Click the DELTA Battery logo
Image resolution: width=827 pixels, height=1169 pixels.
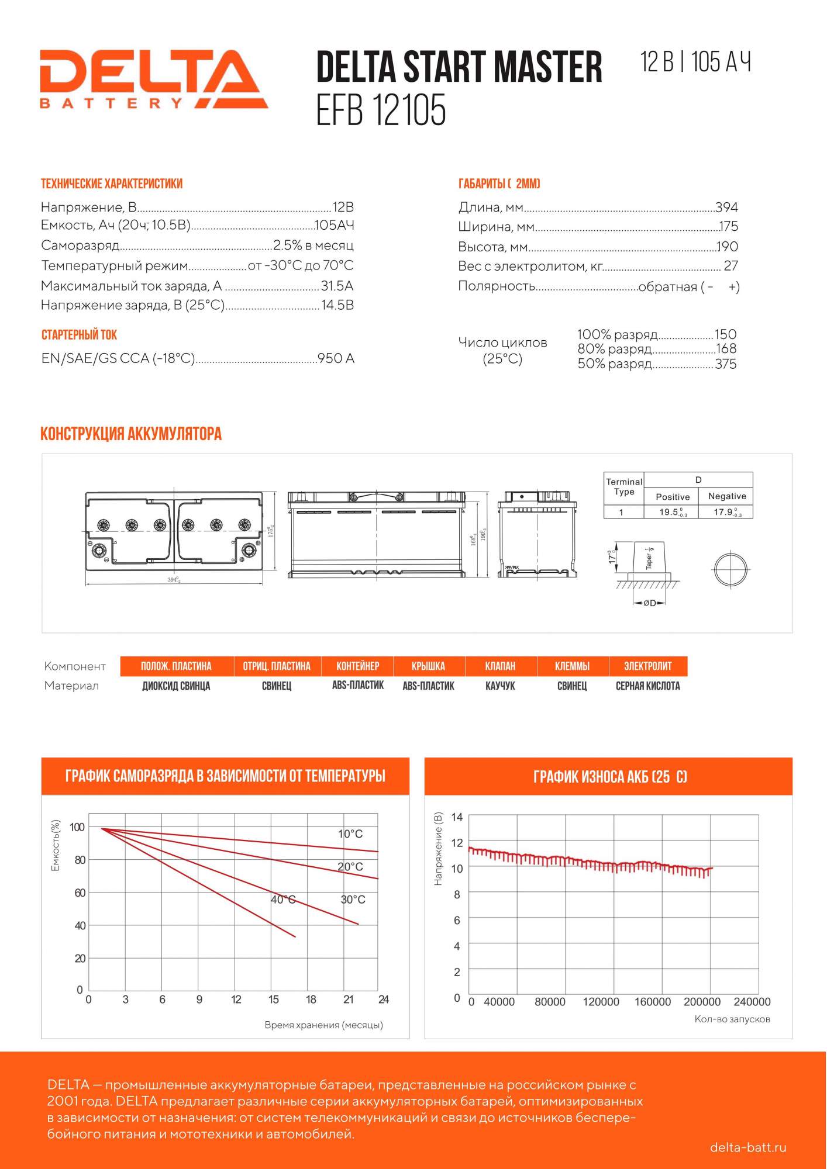tap(153, 79)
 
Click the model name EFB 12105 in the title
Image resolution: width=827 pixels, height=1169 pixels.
tap(381, 110)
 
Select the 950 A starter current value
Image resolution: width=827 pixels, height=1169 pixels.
tap(336, 358)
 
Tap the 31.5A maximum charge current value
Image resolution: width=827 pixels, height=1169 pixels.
tap(337, 286)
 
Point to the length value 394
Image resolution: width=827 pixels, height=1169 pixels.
tap(726, 207)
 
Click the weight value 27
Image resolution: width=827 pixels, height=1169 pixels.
tap(730, 266)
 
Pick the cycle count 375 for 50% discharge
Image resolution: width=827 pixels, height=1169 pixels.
tap(725, 364)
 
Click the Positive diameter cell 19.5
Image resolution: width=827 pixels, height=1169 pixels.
tap(672, 512)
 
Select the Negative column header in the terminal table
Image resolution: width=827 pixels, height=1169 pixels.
tap(727, 496)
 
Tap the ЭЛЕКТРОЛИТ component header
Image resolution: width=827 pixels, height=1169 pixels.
tap(647, 666)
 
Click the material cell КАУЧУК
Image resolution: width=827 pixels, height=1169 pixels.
tap(500, 686)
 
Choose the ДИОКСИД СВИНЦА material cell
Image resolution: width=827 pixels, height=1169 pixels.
tap(176, 686)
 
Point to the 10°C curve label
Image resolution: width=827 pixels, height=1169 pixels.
tap(350, 834)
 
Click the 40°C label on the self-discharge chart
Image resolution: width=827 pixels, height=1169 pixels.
tap(283, 900)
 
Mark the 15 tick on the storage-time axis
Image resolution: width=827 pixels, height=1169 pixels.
tap(274, 999)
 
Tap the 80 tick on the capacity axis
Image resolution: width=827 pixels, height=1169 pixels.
tap(80, 860)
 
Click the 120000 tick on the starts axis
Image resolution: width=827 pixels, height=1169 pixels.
tap(601, 1002)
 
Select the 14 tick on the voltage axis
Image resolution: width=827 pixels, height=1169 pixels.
tap(457, 817)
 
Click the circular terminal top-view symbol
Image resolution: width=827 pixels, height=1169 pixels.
tap(730, 569)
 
